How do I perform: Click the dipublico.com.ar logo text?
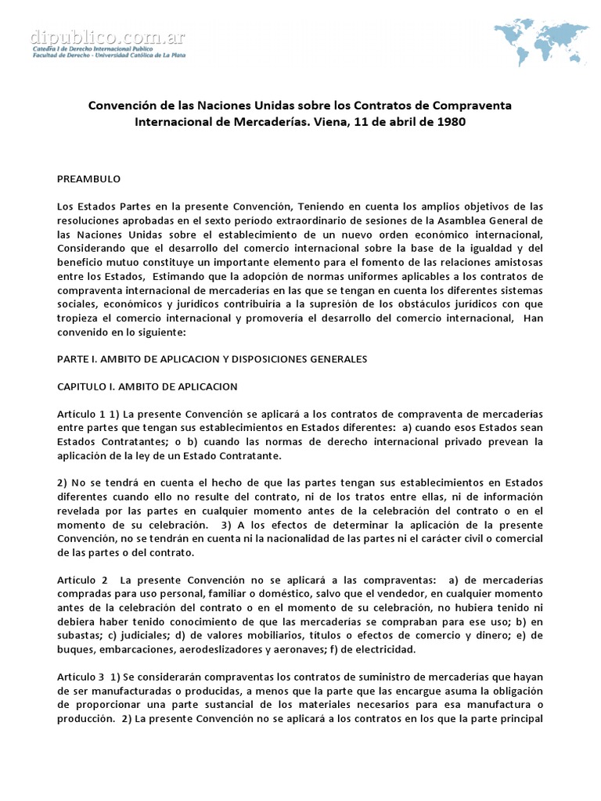(107, 37)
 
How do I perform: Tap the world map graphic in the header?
(545, 39)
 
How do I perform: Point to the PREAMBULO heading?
(88, 178)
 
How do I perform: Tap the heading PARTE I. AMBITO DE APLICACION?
(211, 359)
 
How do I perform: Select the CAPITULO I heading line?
(147, 386)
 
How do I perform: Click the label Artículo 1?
(81, 414)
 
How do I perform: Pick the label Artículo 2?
(81, 580)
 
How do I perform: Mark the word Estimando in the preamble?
(183, 276)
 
